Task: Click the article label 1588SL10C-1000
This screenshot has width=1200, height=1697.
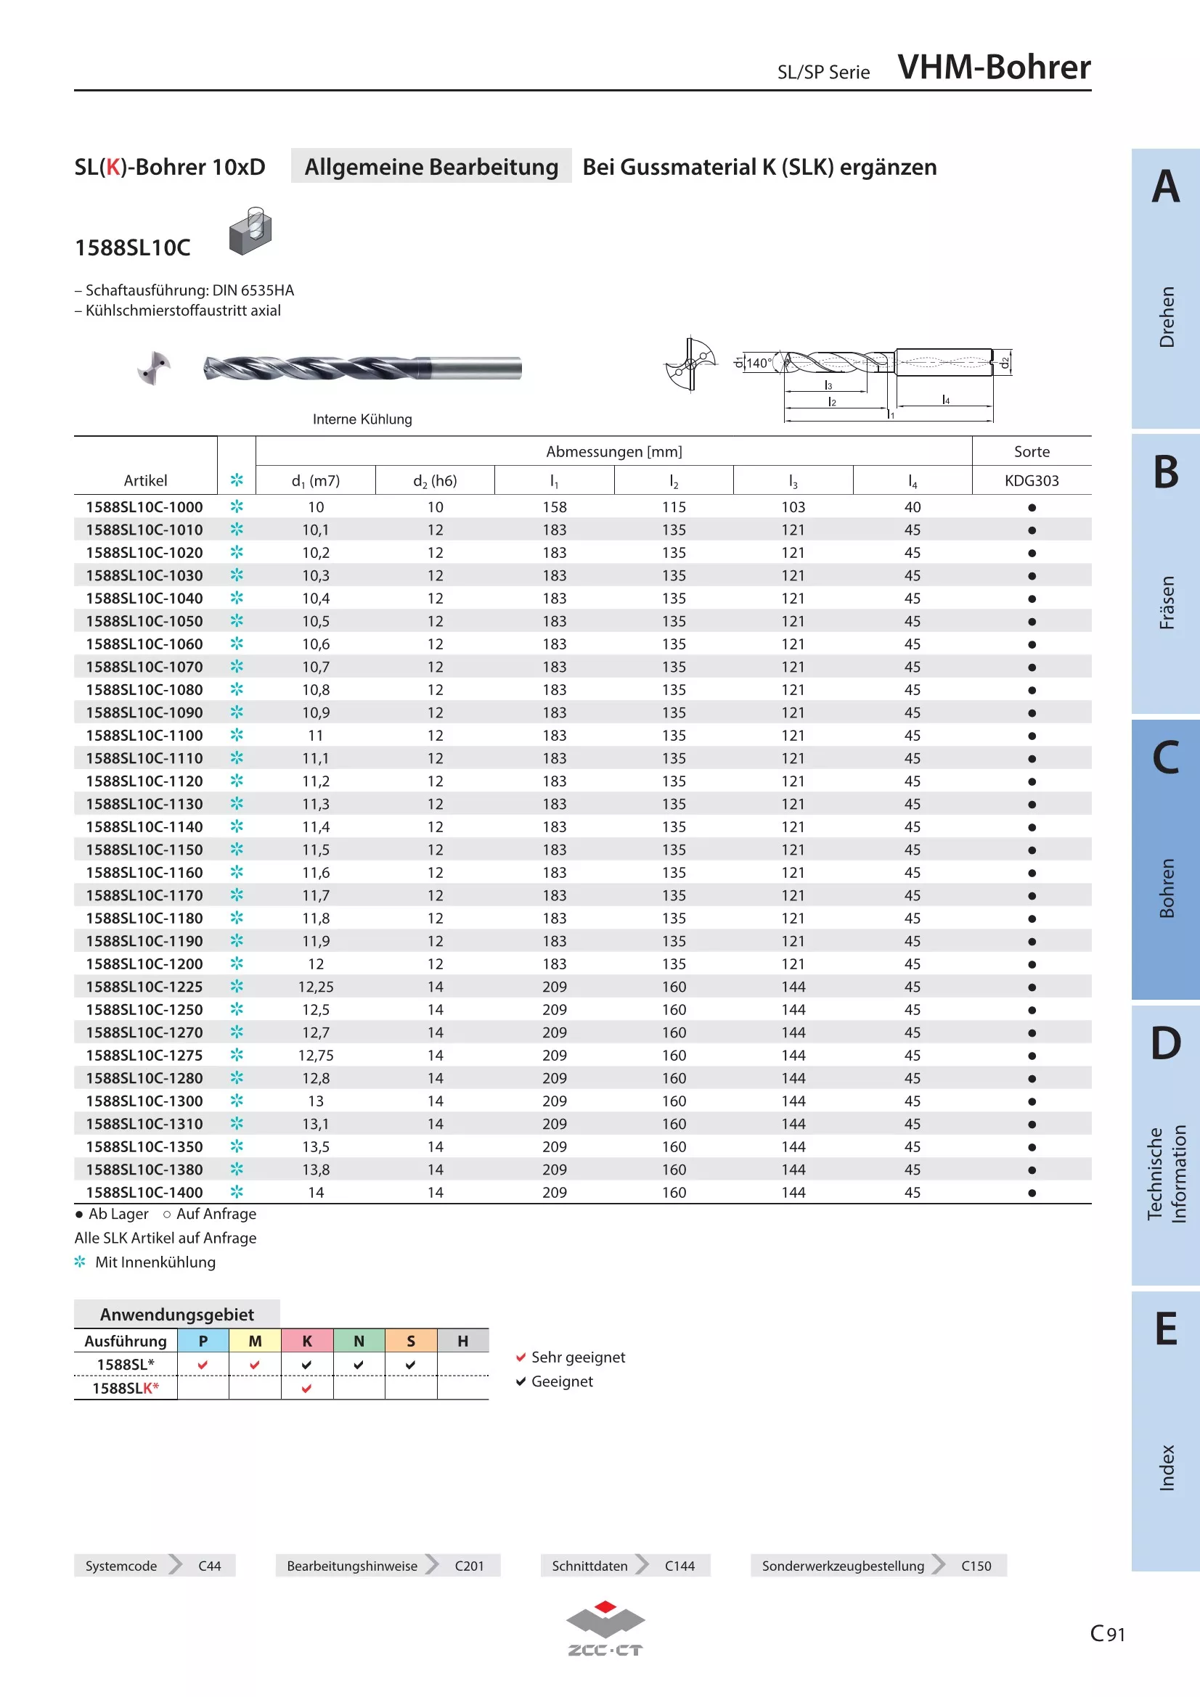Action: coord(144,507)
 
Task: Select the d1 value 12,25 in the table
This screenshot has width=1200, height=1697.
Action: coord(316,987)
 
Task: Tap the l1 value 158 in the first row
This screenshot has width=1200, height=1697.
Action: coord(555,507)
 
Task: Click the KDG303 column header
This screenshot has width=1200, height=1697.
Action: coord(1032,480)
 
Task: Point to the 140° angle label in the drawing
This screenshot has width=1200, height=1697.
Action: coord(759,363)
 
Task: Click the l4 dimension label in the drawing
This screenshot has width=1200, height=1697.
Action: coord(946,400)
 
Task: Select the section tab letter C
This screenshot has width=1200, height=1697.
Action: coord(1166,757)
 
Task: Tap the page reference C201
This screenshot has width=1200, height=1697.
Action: coord(470,1566)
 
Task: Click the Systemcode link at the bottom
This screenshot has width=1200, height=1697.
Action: coord(121,1566)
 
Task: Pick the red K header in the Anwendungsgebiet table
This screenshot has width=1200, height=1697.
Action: coord(307,1341)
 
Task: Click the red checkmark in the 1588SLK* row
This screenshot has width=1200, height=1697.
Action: coord(307,1388)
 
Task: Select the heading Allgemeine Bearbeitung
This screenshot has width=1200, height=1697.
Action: coord(431,166)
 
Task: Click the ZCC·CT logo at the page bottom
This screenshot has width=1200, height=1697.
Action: coord(605,1627)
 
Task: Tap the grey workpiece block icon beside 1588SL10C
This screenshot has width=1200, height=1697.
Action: coord(250,231)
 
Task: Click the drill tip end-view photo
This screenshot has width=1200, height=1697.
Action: coord(155,368)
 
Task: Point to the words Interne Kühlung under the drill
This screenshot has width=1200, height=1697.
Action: coord(362,419)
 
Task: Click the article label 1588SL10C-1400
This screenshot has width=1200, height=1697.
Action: coord(144,1192)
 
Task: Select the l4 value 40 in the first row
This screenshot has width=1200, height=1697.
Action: coord(913,507)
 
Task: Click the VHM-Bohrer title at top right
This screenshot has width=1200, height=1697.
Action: coord(994,67)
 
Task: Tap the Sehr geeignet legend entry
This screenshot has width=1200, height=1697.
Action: coord(570,1357)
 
